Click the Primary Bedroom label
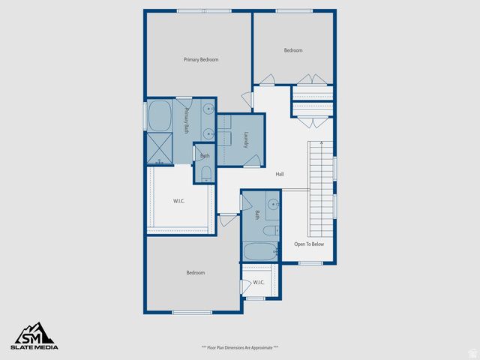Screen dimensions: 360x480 coord(201,59)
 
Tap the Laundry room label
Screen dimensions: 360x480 coord(246,139)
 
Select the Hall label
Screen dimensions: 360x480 coord(280,174)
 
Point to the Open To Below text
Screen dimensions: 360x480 coord(309,244)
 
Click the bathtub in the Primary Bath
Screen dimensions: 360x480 coord(160,117)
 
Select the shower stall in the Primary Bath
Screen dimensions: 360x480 coord(160,148)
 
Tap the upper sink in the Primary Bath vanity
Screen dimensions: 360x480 coord(208,109)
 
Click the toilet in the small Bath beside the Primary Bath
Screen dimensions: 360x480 coord(206,175)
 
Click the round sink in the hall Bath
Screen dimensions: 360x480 coord(274,203)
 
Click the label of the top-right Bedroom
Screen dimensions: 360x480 coord(292,50)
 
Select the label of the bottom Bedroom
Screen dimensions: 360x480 coord(195,273)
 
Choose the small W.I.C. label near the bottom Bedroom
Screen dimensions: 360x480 coord(258,282)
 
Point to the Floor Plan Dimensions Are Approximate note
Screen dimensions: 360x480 coord(239,347)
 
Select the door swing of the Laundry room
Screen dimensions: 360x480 coord(253,159)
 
